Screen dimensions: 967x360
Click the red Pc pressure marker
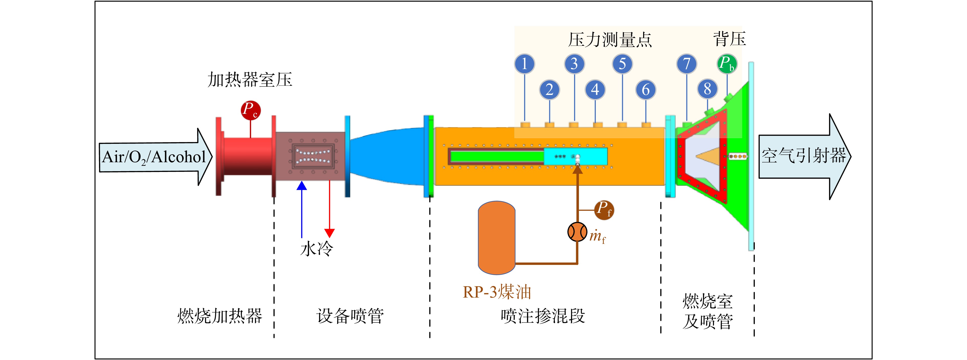click(250, 110)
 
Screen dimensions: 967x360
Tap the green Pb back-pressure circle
click(727, 63)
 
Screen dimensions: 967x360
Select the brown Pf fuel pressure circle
click(604, 210)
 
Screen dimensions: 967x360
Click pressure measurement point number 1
click(524, 63)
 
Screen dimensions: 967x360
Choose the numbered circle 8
click(708, 89)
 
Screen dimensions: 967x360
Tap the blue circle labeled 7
click(687, 63)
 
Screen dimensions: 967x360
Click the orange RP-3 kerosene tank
click(497, 238)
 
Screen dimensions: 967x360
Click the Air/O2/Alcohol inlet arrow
click(156, 157)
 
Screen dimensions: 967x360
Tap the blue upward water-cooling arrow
click(302, 210)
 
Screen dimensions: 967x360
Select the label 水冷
click(316, 248)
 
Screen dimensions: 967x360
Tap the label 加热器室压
click(250, 80)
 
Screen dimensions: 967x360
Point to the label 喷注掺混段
click(543, 316)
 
